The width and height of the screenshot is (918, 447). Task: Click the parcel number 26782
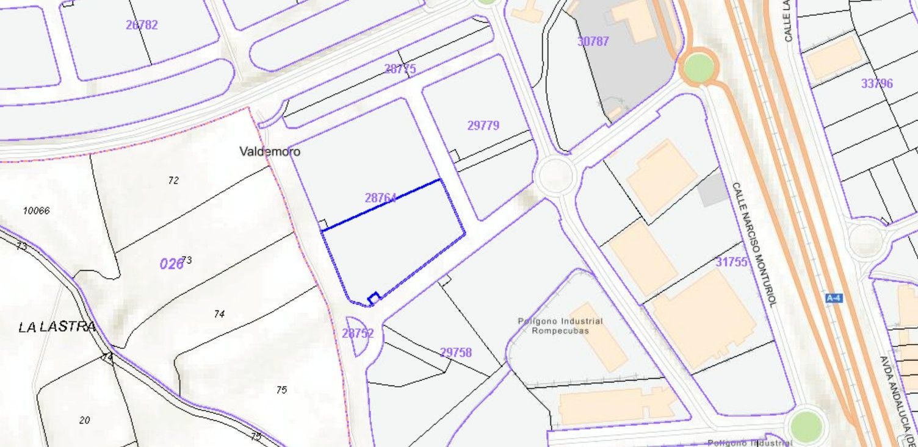pos(142,25)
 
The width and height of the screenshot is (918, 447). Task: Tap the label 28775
pos(400,69)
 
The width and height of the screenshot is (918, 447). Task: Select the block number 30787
pos(593,41)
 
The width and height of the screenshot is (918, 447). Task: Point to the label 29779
pos(483,126)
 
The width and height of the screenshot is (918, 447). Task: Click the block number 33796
pos(877,84)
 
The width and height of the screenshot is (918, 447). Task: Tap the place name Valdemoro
pos(270,151)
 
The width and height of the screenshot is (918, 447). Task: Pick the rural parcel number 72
pos(173,180)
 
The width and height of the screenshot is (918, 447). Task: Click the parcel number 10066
pos(36,210)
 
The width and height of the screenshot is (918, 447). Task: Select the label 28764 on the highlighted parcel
pos(381,198)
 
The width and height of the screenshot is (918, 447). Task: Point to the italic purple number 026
pos(172,263)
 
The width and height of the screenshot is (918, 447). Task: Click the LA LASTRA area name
pos(57,327)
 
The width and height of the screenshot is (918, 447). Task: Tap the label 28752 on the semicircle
pos(358,333)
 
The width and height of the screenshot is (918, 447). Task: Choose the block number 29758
pos(456,352)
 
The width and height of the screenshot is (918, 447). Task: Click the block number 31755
pos(731,262)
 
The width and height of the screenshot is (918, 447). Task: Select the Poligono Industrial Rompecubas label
pos(560,326)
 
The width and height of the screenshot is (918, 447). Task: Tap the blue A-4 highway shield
pos(833,298)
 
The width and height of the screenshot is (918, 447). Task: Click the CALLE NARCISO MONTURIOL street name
pos(754,244)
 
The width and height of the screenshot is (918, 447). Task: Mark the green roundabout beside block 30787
pos(699,67)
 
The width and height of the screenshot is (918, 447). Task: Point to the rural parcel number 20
pos(85,420)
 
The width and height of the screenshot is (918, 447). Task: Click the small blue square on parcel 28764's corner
pos(374,298)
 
